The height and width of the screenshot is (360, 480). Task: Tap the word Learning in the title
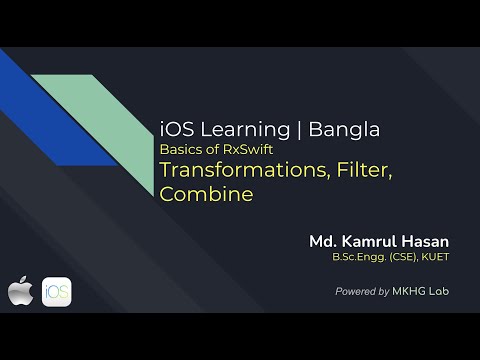[x=240, y=129]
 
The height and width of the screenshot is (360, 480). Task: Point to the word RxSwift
[x=245, y=149]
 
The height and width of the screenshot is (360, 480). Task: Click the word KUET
[x=434, y=259]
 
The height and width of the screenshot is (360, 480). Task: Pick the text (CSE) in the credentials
[x=404, y=259]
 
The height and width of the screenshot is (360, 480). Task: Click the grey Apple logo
[x=20, y=292]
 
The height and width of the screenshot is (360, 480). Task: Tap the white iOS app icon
[x=56, y=292]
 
